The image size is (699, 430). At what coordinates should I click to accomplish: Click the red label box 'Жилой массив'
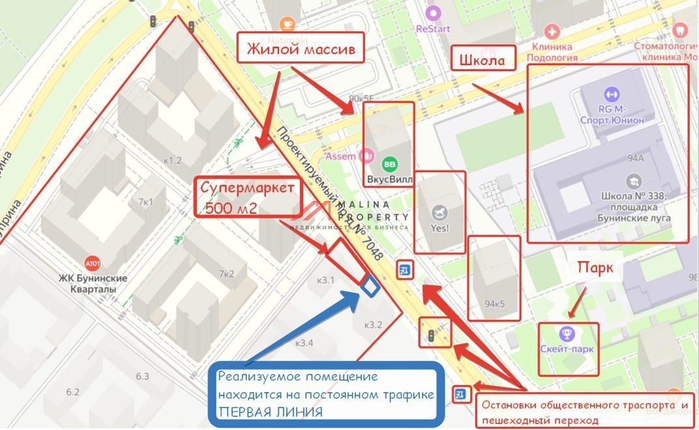point(300,50)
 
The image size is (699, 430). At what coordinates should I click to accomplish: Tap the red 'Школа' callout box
point(483,60)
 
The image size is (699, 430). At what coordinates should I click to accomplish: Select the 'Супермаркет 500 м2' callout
point(251,198)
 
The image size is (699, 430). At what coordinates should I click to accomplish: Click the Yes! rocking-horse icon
point(439,213)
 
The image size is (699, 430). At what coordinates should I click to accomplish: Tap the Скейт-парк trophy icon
point(567,334)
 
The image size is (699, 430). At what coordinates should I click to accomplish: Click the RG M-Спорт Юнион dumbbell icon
point(611,94)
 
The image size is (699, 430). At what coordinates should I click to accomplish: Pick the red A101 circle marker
point(93,264)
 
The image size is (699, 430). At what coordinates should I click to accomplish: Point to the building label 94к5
point(495,303)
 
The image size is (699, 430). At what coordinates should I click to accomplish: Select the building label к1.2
point(173,160)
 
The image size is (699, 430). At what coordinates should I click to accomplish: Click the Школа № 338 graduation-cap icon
point(632,181)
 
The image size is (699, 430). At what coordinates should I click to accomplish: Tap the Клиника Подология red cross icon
point(552,31)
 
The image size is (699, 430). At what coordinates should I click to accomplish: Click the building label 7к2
point(226,274)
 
